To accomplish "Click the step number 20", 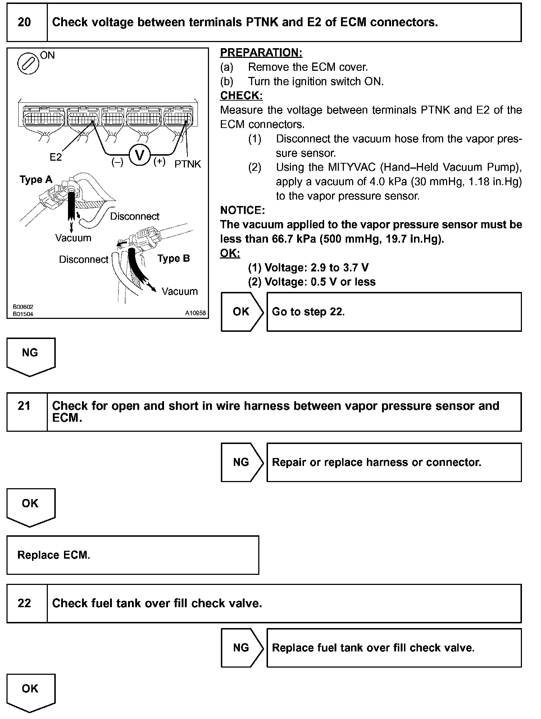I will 24,23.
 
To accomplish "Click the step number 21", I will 24,406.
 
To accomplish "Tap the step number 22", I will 24,603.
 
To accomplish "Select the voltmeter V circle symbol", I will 139,156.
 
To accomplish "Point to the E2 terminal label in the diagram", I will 56,157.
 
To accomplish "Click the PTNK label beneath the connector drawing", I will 188,164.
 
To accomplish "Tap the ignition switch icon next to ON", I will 28,64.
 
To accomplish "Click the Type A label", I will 36,180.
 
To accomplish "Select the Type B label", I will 174,258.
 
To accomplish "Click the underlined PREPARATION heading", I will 261,53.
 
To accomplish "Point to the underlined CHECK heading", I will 241,96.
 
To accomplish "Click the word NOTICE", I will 242,210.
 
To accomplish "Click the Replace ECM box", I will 133,555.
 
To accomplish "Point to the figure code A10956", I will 195,313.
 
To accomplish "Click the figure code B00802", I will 23,307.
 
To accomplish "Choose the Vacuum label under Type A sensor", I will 73,238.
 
